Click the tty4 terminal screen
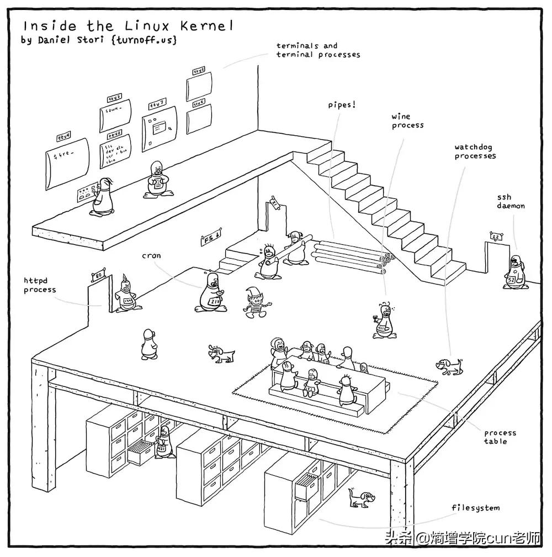click(x=66, y=155)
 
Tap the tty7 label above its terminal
click(x=157, y=104)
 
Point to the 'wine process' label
click(x=408, y=121)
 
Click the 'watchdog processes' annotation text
click(x=475, y=151)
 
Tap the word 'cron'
click(x=151, y=256)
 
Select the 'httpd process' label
click(x=40, y=285)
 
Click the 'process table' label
click(x=500, y=437)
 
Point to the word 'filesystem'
click(x=475, y=507)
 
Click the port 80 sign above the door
click(x=97, y=275)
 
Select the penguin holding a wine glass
click(x=383, y=320)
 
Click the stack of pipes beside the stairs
click(x=351, y=254)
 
